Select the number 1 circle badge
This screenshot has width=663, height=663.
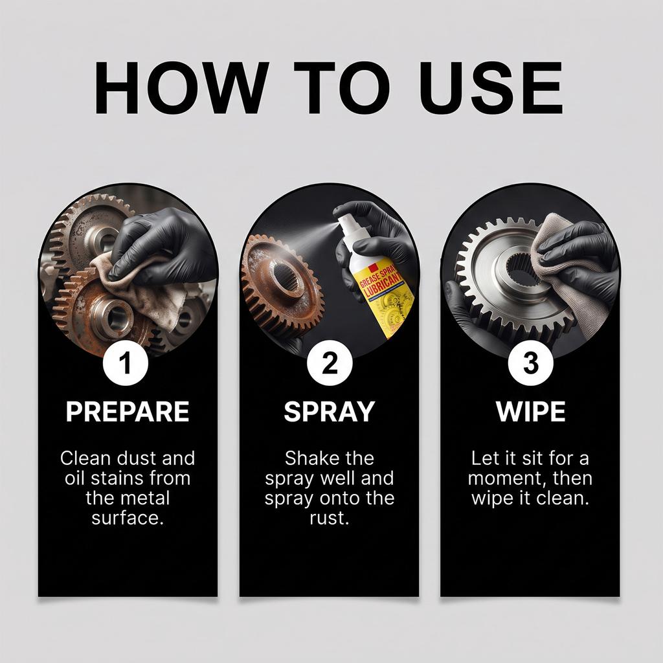point(125,363)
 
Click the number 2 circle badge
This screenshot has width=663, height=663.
point(330,363)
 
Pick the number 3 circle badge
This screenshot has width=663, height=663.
point(530,363)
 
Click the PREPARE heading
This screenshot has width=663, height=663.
point(128,411)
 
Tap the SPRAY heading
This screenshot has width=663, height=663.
point(329,411)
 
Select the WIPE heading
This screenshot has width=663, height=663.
point(531,411)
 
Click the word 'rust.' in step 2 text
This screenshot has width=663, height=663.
point(330,518)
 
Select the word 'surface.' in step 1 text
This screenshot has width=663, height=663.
point(128,518)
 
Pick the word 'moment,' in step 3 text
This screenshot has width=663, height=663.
point(502,478)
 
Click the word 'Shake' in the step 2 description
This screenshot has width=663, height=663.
point(308,458)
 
